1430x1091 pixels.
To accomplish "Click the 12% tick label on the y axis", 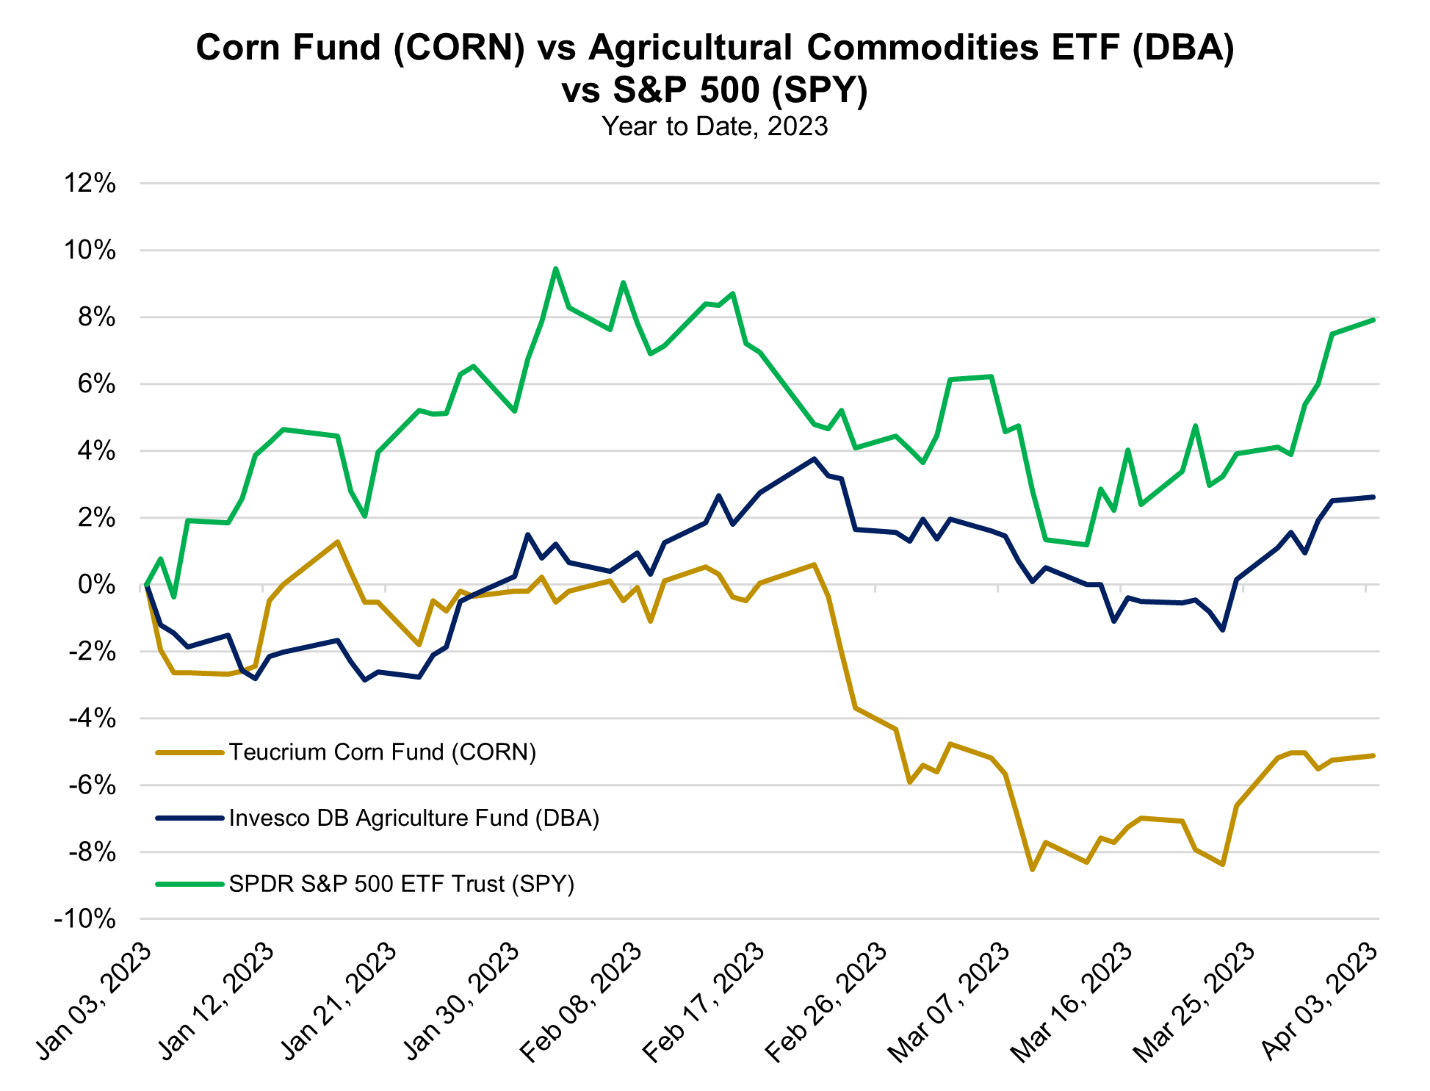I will tap(90, 184).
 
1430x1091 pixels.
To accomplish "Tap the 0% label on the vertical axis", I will tap(100, 586).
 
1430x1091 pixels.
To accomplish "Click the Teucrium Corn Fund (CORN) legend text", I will tap(383, 752).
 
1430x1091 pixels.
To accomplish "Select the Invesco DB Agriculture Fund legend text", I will tap(414, 818).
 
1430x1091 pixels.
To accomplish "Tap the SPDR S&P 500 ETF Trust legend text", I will tap(402, 883).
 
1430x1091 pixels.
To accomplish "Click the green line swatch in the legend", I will tap(189, 884).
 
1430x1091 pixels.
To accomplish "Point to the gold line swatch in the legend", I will tap(189, 752).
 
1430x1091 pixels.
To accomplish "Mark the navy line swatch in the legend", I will tap(189, 818).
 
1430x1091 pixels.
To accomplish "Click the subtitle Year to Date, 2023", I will tap(715, 126).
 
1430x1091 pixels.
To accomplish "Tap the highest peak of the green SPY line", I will tap(555, 268).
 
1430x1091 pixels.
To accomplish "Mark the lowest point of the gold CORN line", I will tap(1033, 870).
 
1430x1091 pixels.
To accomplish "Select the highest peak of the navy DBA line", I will tap(814, 458).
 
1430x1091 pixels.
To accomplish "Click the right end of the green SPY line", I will tap(1373, 320).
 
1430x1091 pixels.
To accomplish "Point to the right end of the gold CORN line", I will tap(1373, 755).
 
